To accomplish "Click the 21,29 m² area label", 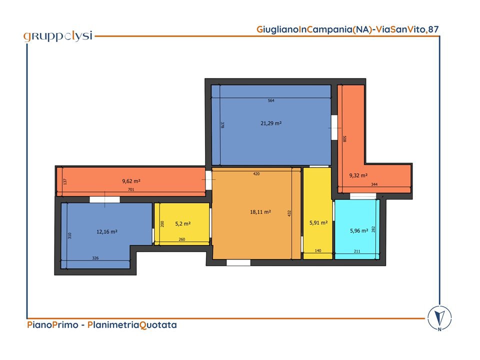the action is [271, 123].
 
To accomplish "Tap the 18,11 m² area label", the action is [260, 212].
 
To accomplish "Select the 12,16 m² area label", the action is [107, 231].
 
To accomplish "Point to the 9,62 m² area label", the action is [131, 181].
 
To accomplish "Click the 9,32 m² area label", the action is [358, 175].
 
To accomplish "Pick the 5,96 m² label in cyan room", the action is [359, 231].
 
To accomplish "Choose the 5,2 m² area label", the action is [183, 224].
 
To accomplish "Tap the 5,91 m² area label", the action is [318, 223].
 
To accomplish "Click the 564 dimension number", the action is [271, 100].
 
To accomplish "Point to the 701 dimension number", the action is [131, 189].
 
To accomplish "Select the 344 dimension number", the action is [374, 184].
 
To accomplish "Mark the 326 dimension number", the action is [95, 258].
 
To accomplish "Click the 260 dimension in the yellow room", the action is [182, 239].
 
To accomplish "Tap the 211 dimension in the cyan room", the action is [357, 251].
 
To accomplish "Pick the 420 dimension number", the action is [256, 173].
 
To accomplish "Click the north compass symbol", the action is [439, 318].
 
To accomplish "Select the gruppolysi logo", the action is [58, 36].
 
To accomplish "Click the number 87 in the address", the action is [433, 29].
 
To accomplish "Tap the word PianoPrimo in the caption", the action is [52, 325].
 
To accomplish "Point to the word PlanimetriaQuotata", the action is [132, 325].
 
